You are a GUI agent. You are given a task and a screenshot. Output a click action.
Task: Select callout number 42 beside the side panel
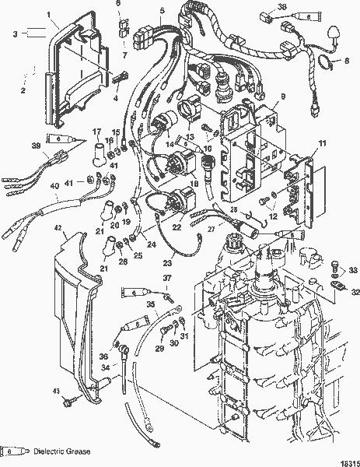click(57, 226)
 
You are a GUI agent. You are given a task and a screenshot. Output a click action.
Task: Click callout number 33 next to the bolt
click(354, 271)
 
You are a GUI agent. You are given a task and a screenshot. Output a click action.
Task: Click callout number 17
click(98, 132)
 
